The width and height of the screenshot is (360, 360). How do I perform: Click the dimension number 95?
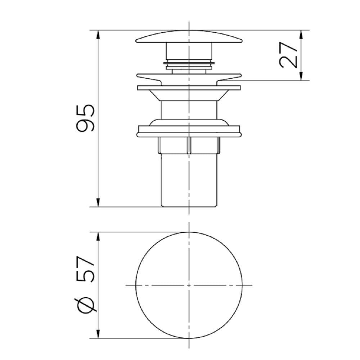(x=86, y=118)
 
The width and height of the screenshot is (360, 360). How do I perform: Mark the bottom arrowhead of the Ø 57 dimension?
(x=98, y=334)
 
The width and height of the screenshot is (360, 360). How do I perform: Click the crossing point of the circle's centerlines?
(x=189, y=285)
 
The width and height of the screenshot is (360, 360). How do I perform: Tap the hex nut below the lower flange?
(x=189, y=145)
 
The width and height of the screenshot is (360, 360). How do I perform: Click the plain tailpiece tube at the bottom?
(x=189, y=180)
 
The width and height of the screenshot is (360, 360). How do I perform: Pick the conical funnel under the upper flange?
(x=189, y=95)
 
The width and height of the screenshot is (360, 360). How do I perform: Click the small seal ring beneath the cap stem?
(x=189, y=65)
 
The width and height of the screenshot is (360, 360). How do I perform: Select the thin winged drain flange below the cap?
(x=189, y=77)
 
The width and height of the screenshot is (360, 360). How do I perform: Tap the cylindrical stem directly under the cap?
(x=189, y=50)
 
